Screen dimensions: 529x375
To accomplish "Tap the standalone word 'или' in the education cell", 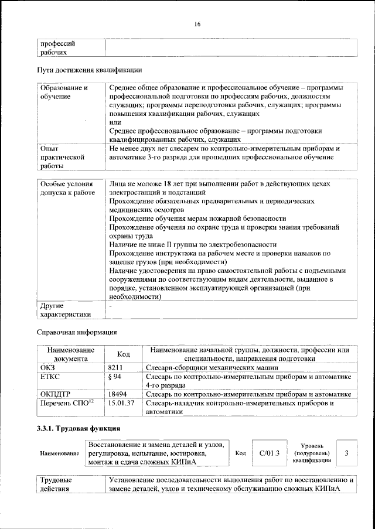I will click(x=115, y=121).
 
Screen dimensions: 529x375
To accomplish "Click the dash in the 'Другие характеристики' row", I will click(x=110, y=306).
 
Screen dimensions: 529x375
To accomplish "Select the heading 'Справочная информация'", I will click(x=77, y=333).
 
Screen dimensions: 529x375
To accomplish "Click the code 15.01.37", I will click(x=122, y=404).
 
